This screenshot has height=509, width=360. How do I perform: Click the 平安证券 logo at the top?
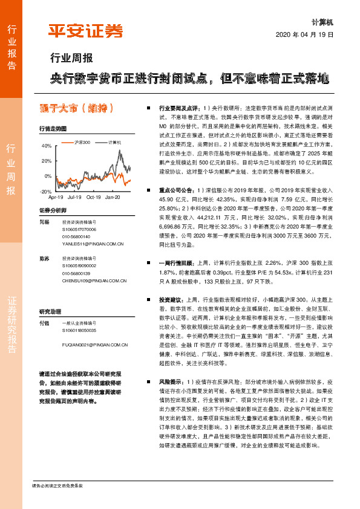click(x=86, y=30)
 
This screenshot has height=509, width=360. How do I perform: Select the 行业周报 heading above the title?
click(x=71, y=59)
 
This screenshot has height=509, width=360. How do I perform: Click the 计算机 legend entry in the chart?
click(x=114, y=141)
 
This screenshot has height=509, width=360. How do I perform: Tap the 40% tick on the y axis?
click(x=47, y=146)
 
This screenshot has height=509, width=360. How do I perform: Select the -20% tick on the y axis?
click(x=46, y=191)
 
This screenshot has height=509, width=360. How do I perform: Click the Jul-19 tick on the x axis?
click(x=75, y=197)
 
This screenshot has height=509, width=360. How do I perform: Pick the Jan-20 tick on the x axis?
click(x=113, y=197)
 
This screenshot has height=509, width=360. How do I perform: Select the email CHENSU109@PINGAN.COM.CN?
click(x=94, y=280)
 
